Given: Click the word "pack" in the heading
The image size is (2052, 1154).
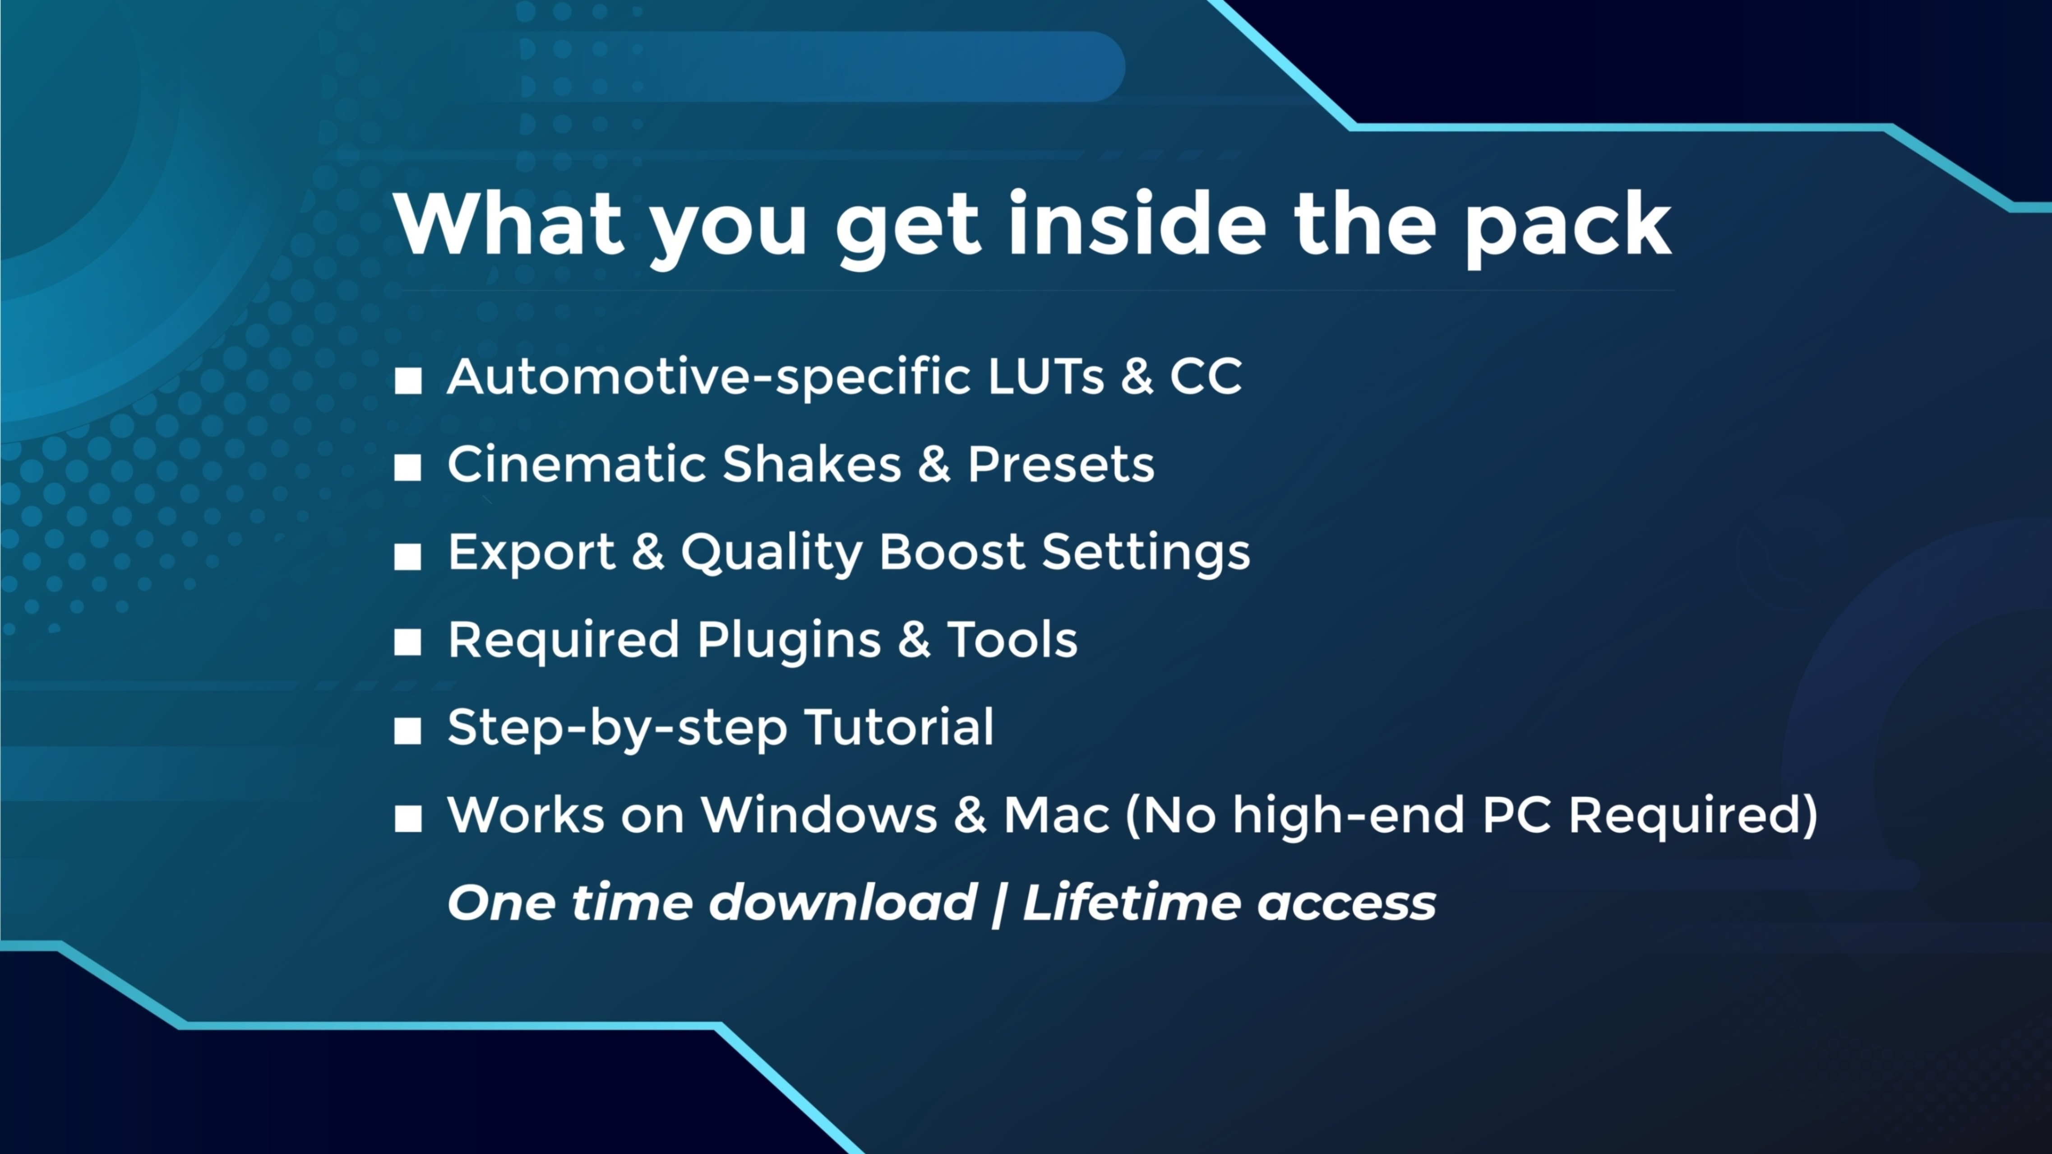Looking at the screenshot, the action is [x=1568, y=229].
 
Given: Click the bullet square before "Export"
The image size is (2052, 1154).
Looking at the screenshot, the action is [x=408, y=556].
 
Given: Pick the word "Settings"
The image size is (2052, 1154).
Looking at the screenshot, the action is [x=1146, y=553].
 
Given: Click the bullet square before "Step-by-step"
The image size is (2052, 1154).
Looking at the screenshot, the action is [x=408, y=731].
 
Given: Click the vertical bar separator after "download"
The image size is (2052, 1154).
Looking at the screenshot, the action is [x=998, y=904].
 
